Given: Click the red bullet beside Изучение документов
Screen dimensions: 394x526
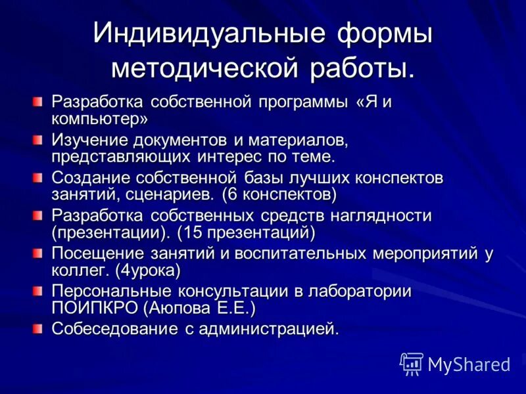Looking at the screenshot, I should pyautogui.click(x=37, y=140).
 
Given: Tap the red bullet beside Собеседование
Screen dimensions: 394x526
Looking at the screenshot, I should pyautogui.click(x=37, y=327).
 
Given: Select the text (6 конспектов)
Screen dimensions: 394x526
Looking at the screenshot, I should pyautogui.click(x=280, y=194).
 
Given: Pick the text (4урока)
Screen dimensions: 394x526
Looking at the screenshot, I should pyautogui.click(x=148, y=269).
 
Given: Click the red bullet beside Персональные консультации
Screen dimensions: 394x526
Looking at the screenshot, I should pyautogui.click(x=37, y=290).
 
